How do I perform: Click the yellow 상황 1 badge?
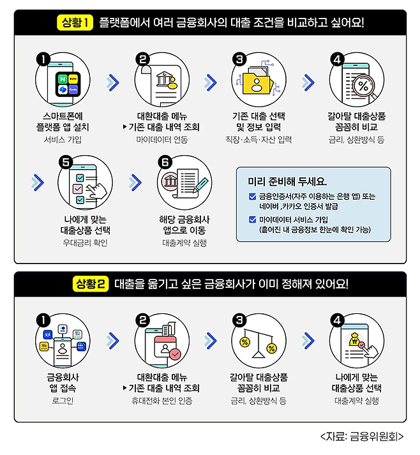click(x=75, y=22)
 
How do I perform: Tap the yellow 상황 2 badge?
click(x=91, y=283)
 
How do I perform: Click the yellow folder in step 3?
click(x=257, y=83)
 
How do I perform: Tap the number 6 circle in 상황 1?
click(x=165, y=163)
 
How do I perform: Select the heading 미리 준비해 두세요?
click(x=287, y=182)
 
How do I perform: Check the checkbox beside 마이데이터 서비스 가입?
click(x=253, y=220)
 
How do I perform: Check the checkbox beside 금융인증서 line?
click(x=253, y=197)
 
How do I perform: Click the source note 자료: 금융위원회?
click(x=362, y=436)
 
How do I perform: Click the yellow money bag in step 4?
click(x=354, y=338)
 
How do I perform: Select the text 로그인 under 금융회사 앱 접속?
click(x=63, y=401)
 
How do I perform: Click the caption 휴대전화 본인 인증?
click(x=162, y=401)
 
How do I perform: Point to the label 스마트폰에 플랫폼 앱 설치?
click(x=63, y=122)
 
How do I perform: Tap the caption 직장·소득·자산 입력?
click(x=259, y=140)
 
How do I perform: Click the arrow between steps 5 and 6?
click(x=135, y=183)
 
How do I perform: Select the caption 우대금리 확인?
click(x=85, y=242)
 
